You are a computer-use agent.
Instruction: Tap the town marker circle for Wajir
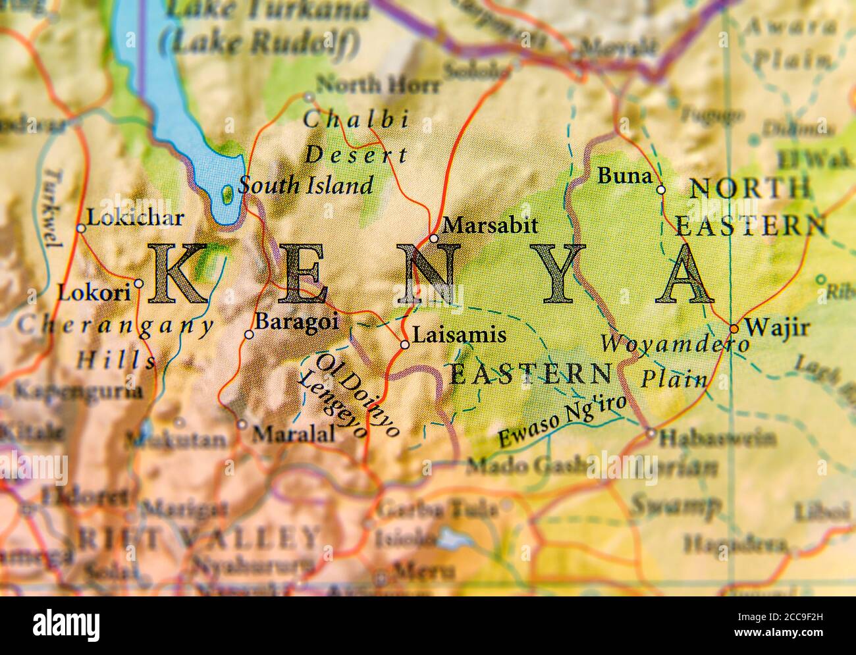(x=734, y=328)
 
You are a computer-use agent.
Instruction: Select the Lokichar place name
(x=135, y=217)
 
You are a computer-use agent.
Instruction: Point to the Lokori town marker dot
(x=139, y=284)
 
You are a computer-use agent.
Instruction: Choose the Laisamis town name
(x=459, y=335)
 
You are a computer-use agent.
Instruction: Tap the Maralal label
(x=294, y=433)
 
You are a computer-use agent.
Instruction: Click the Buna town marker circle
(x=661, y=190)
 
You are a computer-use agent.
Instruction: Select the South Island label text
(x=306, y=185)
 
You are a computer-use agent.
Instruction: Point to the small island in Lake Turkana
(x=227, y=193)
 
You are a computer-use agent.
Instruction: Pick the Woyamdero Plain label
(x=674, y=361)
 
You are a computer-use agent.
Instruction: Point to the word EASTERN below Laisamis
(x=530, y=374)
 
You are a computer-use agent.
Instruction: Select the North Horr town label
(x=378, y=84)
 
